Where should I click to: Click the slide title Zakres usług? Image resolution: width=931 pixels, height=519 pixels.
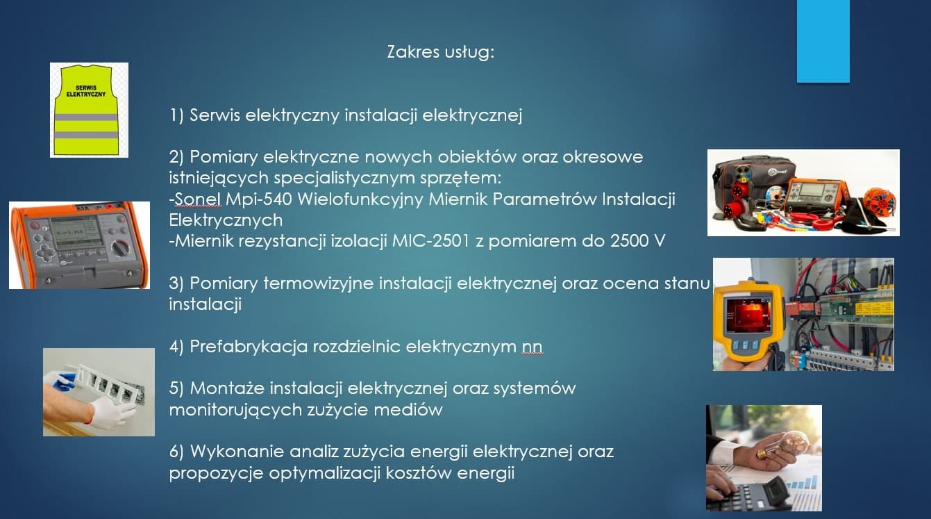coord(441,52)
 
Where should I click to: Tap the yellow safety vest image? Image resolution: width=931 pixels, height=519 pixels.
coord(89,110)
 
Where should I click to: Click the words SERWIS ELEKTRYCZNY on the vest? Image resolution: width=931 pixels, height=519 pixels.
coord(86,91)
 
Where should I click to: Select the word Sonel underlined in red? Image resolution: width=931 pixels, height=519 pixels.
coord(198,199)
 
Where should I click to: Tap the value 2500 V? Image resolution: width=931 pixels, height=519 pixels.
coord(637,241)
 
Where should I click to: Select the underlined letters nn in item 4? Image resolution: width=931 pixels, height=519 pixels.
coord(532,347)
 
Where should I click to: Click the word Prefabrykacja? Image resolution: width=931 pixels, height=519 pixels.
coord(249,347)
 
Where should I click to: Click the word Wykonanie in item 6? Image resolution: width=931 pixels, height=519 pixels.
coord(237,452)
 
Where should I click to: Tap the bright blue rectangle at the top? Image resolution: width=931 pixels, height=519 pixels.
coord(823,41)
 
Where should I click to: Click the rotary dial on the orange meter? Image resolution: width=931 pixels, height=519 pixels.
coord(121,248)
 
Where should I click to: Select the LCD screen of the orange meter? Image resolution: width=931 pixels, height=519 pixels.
coord(75,231)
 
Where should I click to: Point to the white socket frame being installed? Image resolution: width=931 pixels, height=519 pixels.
coord(107,384)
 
